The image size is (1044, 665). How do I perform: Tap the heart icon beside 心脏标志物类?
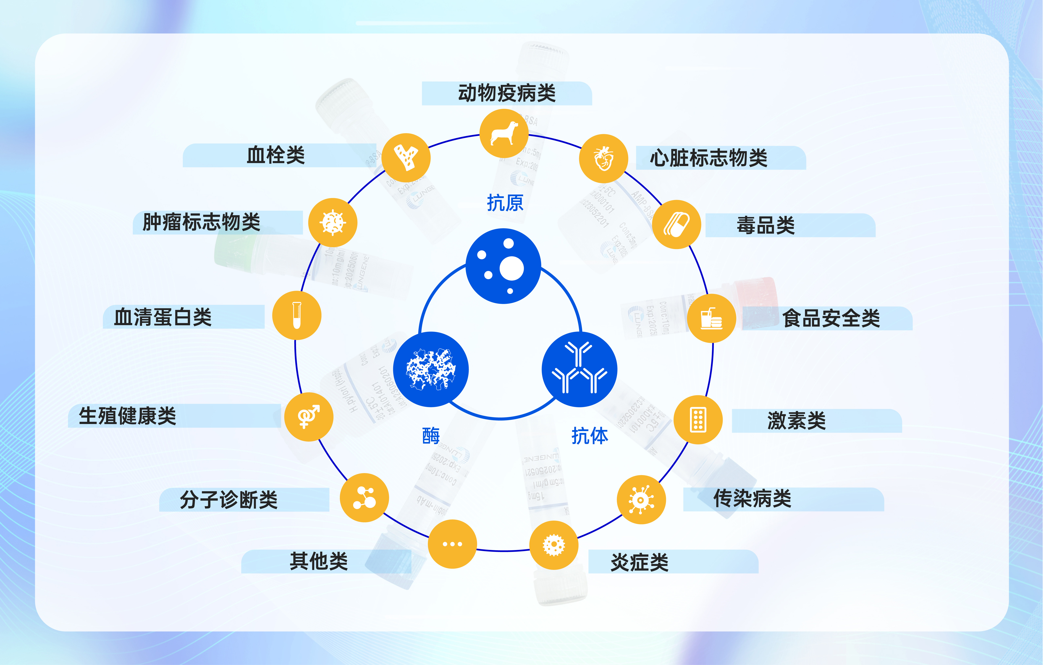click(x=604, y=159)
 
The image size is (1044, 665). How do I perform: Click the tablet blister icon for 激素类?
click(x=698, y=420)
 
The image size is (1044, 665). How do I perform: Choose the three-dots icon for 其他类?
click(x=452, y=544)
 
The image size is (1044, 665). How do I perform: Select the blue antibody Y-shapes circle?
click(x=579, y=369)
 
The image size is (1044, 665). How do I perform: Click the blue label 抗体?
click(x=590, y=436)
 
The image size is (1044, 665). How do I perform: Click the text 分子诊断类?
click(x=229, y=500)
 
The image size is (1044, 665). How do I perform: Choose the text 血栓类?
click(x=276, y=155)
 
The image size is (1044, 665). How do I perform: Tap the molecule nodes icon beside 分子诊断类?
click(x=364, y=498)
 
